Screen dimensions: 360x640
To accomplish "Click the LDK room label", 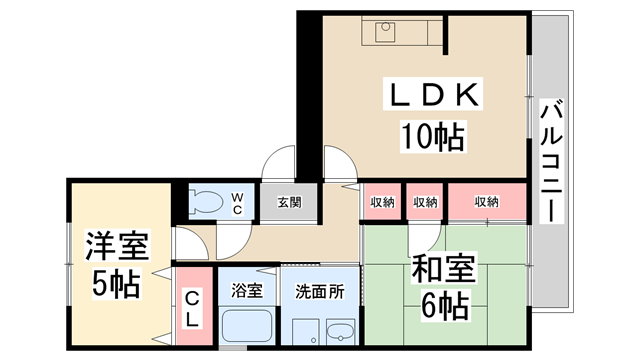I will [435, 98].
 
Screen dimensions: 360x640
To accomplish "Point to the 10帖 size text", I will [434, 134].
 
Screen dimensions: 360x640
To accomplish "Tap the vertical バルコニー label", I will [550, 161].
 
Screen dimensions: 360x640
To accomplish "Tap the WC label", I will [238, 203].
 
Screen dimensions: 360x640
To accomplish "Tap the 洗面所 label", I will [319, 291].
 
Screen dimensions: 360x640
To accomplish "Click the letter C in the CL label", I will [192, 299].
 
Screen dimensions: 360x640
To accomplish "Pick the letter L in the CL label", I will [192, 319].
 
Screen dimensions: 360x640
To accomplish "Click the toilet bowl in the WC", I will [206, 202].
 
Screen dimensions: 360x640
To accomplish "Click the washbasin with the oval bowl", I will [340, 332].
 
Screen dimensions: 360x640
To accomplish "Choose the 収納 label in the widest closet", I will [486, 202].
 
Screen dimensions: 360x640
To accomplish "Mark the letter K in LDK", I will [471, 98].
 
